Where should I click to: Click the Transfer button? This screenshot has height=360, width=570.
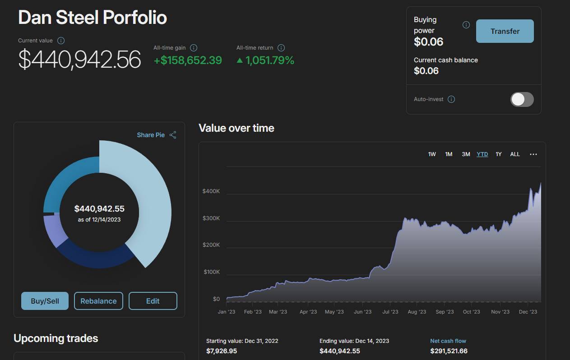505,31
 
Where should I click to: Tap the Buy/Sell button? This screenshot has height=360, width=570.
45,301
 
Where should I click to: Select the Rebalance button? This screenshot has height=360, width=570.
98,301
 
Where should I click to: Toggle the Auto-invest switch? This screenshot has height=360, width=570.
522,99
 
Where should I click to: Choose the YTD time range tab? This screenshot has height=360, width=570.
482,154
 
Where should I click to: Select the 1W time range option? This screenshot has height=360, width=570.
432,154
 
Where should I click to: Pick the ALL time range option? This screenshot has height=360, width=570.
515,154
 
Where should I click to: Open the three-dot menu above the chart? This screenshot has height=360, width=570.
533,154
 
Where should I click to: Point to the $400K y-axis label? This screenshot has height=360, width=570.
211,191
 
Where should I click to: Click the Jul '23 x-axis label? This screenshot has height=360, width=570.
390,312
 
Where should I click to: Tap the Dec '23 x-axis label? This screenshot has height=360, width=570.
528,312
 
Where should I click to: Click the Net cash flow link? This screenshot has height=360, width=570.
448,341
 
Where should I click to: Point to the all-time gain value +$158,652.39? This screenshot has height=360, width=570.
188,60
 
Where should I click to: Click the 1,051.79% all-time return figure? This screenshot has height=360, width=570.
269,60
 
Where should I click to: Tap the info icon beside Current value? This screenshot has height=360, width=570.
61,41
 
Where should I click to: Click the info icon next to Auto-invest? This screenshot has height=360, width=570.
451,99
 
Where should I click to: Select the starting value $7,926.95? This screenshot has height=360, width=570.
222,351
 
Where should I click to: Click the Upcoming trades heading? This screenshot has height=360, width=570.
56,338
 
